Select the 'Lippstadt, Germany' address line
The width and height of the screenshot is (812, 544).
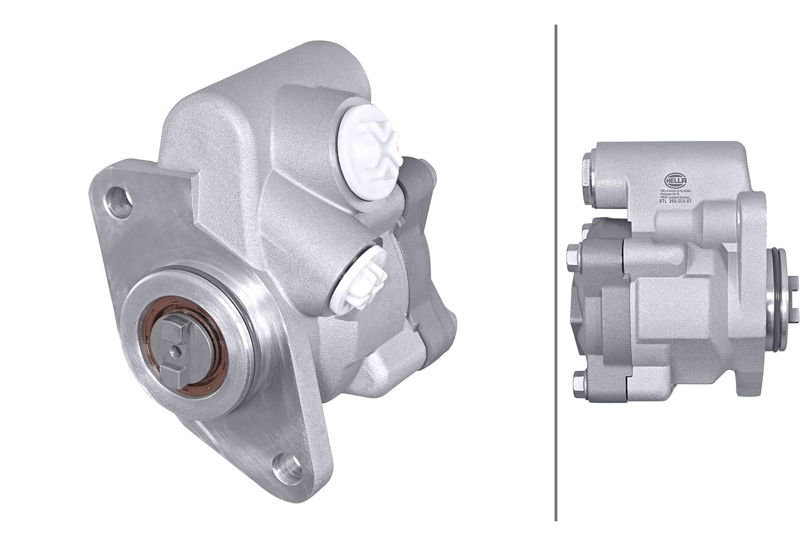click(675, 197)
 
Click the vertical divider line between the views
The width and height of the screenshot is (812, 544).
click(555, 272)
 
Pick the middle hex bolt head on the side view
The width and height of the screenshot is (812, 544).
click(573, 255)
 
